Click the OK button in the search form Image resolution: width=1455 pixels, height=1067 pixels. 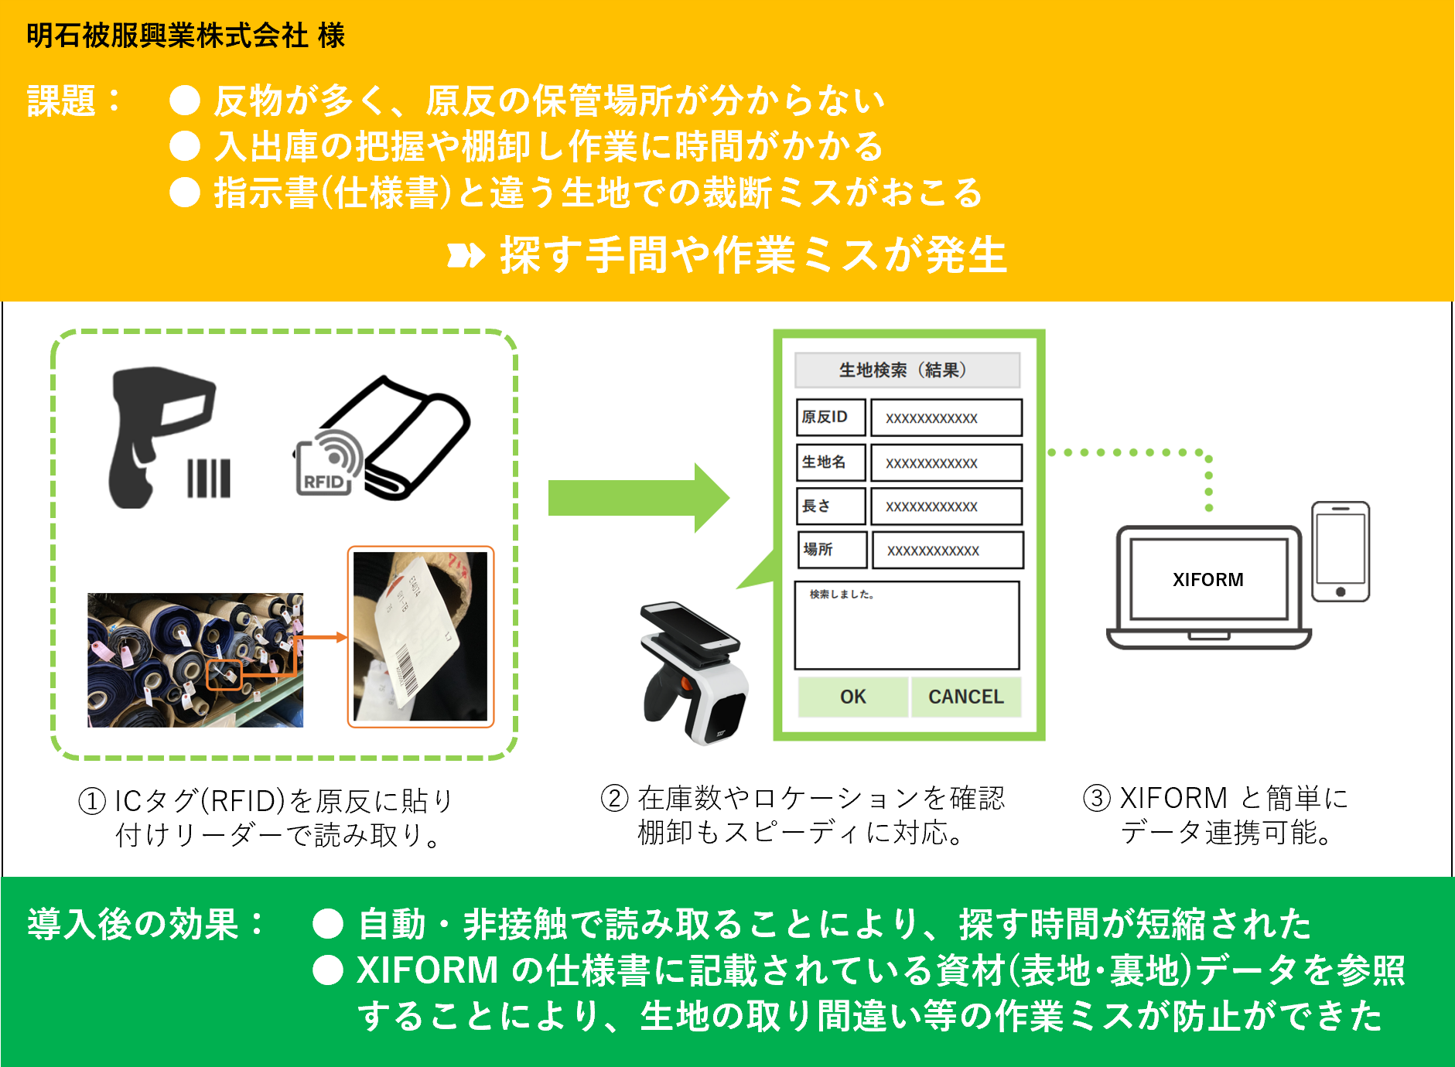pyautogui.click(x=852, y=697)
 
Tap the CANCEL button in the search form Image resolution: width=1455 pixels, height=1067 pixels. pyautogui.click(x=965, y=697)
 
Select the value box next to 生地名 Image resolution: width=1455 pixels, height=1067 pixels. pyautogui.click(x=946, y=463)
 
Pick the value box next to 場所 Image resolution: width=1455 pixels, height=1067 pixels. pyautogui.click(x=947, y=551)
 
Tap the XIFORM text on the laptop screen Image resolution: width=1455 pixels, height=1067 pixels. pyautogui.click(x=1207, y=580)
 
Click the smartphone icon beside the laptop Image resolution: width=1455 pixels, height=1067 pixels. pyautogui.click(x=1340, y=552)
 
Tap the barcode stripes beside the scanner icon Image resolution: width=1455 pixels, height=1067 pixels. pyautogui.click(x=209, y=479)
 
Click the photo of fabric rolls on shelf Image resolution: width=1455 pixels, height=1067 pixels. pyautogui.click(x=195, y=660)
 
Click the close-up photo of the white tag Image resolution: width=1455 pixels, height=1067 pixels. pyautogui.click(x=420, y=637)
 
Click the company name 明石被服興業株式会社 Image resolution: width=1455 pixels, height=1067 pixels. pyautogui.click(x=167, y=36)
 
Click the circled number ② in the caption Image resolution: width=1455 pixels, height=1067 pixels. pyautogui.click(x=614, y=798)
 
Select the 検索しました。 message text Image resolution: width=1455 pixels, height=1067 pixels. pyautogui.click(x=842, y=595)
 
